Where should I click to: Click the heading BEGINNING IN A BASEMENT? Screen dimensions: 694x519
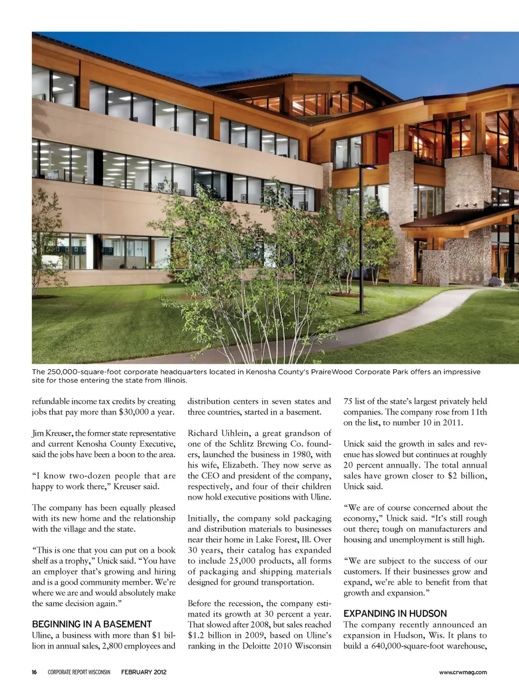coord(92,624)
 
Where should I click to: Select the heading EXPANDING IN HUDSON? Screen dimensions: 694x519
coord(395,613)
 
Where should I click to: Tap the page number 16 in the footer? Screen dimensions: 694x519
coord(35,672)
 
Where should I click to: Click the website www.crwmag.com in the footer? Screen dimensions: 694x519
coord(463,672)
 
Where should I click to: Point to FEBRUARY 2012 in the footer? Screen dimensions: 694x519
coord(144,672)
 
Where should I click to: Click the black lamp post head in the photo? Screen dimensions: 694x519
coord(368,167)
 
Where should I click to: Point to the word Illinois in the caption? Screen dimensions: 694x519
coord(174,380)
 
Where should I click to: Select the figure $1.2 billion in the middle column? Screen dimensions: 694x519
coord(210,635)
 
